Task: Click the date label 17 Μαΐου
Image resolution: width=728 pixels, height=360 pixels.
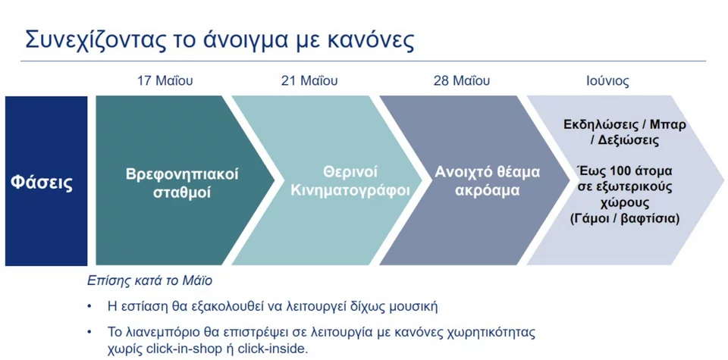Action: point(165,81)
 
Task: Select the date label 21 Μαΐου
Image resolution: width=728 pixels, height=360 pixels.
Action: point(309,81)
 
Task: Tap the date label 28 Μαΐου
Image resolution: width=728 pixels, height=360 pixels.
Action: point(462,81)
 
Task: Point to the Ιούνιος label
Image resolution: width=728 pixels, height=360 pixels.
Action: point(607,81)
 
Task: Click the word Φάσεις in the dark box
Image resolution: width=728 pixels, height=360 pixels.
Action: point(42,183)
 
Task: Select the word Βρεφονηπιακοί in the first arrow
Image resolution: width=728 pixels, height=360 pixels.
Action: point(182,174)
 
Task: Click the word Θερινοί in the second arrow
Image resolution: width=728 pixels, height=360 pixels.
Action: point(350,171)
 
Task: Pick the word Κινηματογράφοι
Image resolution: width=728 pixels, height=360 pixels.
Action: point(350,190)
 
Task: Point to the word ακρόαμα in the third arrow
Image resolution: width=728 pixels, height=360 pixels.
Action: point(487,190)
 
